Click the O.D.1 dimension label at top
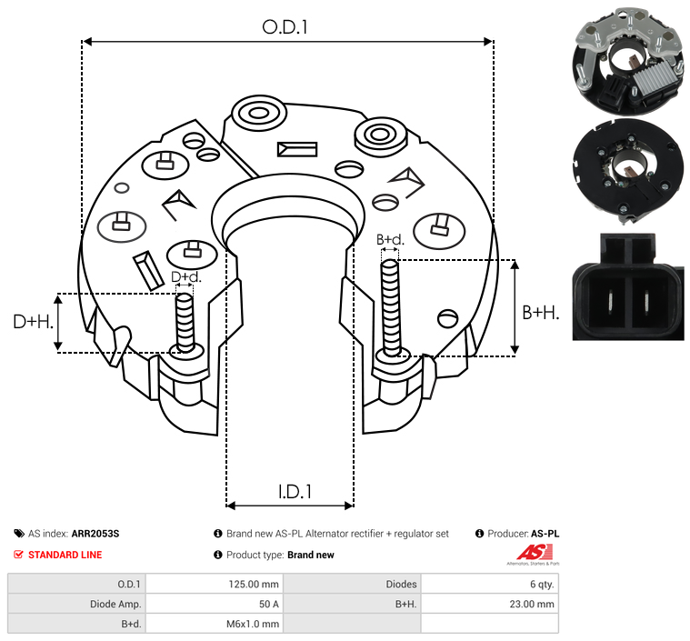pos(285,27)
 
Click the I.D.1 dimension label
pos(295,492)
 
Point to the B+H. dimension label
pos(540,313)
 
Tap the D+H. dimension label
pos(33,322)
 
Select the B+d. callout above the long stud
pos(390,239)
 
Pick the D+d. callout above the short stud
pos(185,277)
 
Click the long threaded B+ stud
pos(390,307)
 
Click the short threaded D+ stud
pos(185,322)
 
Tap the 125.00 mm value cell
pos(254,585)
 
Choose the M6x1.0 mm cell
pos(253,624)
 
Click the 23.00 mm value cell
pos(532,604)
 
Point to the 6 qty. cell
pos(542,585)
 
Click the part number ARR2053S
pos(95,534)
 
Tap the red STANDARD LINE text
pos(65,555)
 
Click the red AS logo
pos(535,553)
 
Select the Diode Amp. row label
pos(115,604)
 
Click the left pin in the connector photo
pos(611,304)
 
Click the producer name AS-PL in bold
pos(545,534)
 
